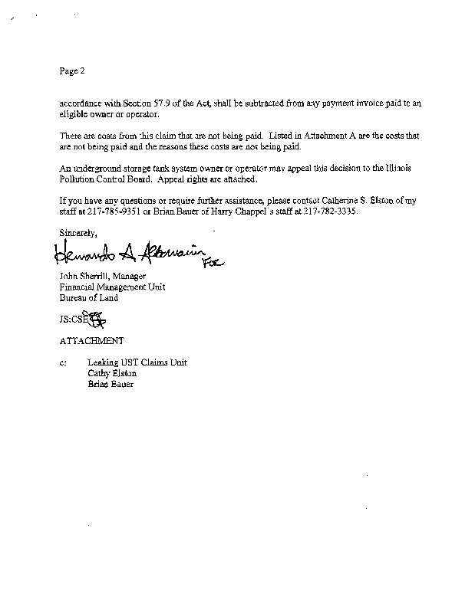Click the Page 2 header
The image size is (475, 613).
pyautogui.click(x=71, y=71)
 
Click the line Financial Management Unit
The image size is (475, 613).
pyautogui.click(x=112, y=287)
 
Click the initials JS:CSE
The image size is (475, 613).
pyautogui.click(x=74, y=319)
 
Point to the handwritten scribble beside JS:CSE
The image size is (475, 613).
pyautogui.click(x=97, y=318)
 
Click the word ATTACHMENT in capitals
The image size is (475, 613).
pyautogui.click(x=91, y=339)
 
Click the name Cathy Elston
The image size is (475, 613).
pyautogui.click(x=112, y=373)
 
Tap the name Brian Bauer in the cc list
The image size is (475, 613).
pyautogui.click(x=111, y=384)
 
